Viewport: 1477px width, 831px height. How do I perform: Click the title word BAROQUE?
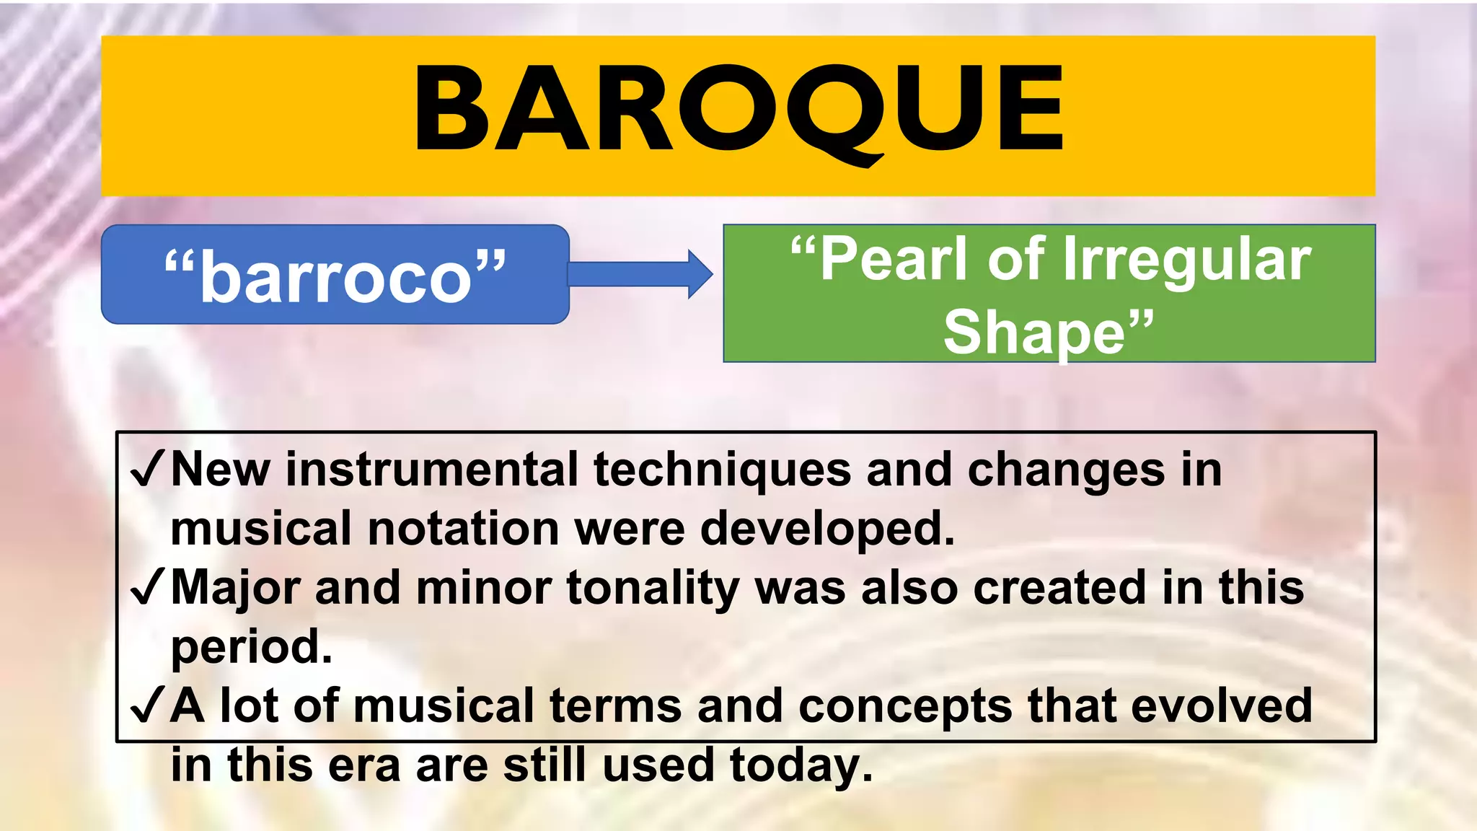[738, 110]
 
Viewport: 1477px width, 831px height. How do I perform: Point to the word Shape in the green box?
[1034, 332]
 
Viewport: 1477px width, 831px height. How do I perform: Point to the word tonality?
[653, 589]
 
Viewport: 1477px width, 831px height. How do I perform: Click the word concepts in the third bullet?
[905, 706]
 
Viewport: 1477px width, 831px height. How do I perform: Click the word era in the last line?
[364, 765]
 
